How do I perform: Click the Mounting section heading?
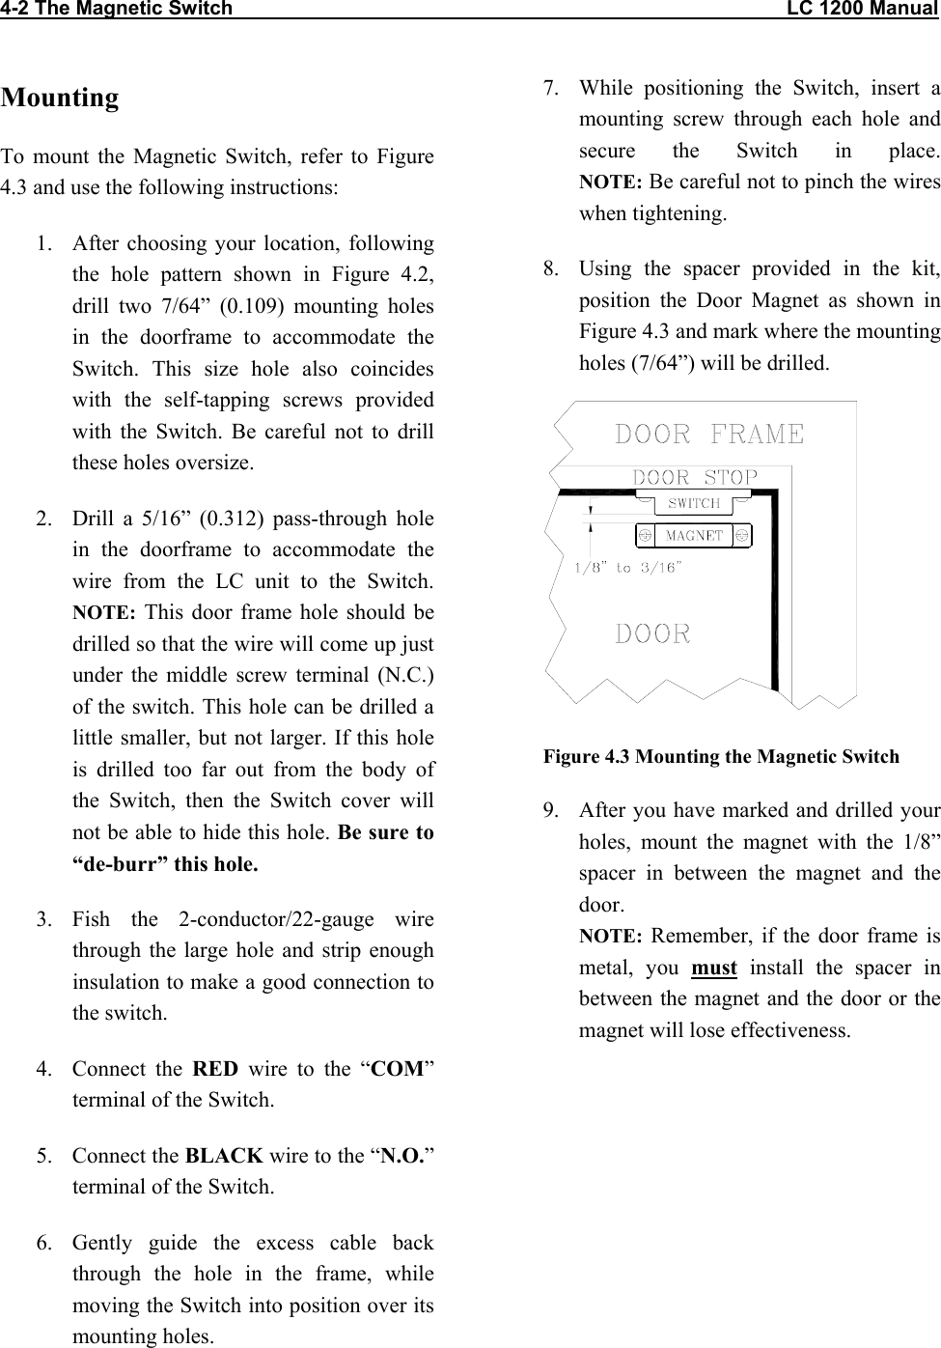click(x=60, y=98)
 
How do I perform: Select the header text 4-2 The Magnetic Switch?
click(x=117, y=10)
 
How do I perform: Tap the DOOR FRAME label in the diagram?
click(x=709, y=435)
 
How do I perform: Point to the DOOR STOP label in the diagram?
click(x=695, y=477)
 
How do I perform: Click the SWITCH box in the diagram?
click(x=694, y=503)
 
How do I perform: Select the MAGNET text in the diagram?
click(x=694, y=535)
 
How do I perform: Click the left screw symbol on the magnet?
click(x=644, y=535)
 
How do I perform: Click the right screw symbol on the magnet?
click(x=742, y=535)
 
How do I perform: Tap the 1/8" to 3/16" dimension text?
click(x=628, y=568)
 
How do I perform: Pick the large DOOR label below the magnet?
click(x=653, y=634)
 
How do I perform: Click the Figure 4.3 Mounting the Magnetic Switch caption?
click(x=721, y=757)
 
